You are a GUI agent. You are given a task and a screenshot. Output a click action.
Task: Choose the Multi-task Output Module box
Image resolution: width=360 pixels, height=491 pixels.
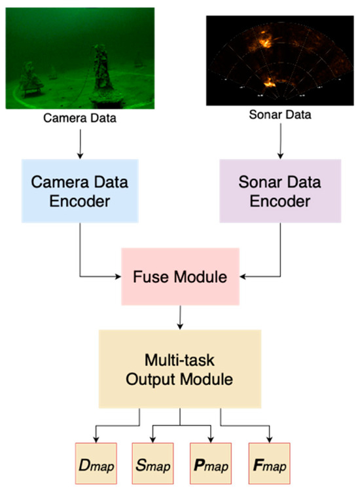(180, 368)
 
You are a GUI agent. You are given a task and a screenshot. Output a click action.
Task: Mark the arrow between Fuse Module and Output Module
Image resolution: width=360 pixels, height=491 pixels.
(179, 316)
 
